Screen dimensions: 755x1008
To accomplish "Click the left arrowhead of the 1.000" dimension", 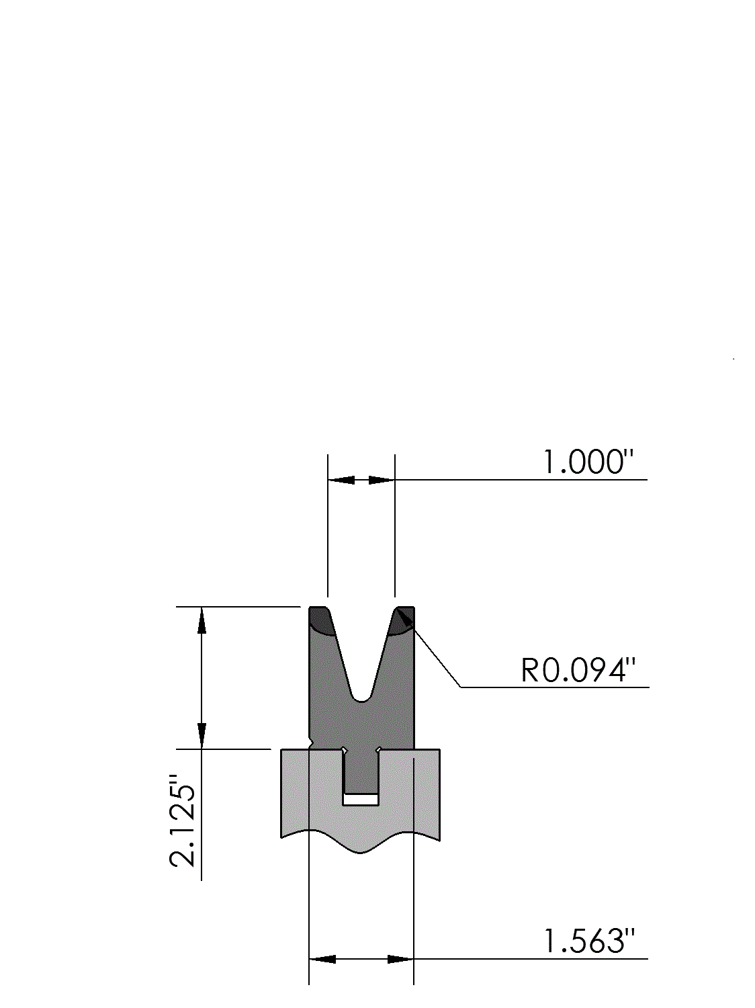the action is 341,480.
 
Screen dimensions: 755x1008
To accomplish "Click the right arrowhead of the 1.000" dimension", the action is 382,480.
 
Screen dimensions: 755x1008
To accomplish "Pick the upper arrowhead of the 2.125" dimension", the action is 202,620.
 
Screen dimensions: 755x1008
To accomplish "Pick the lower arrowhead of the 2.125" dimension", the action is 202,735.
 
